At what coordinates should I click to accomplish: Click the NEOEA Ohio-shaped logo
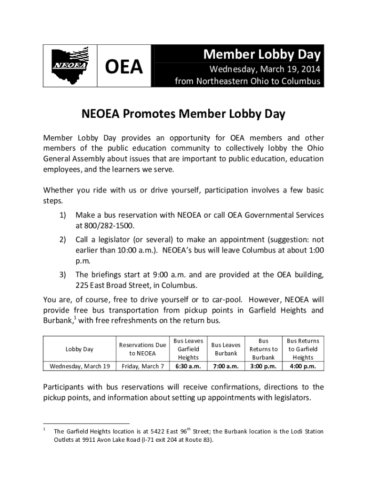coord(71,66)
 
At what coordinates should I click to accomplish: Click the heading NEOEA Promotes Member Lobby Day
coord(183,114)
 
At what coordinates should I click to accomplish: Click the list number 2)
coord(62,239)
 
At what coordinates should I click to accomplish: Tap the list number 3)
coord(62,274)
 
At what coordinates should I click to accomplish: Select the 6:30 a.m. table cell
coord(188,366)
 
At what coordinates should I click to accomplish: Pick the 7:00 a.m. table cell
coord(226,366)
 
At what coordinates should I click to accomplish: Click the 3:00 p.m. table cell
coord(264,366)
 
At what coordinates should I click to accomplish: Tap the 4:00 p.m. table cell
coord(303,366)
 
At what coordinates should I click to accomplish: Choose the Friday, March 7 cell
coord(143,366)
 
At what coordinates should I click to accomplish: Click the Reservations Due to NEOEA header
coord(143,349)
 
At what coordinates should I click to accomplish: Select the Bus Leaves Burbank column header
coord(226,349)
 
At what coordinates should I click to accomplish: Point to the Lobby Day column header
coord(79,349)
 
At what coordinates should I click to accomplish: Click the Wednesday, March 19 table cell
coord(79,366)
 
